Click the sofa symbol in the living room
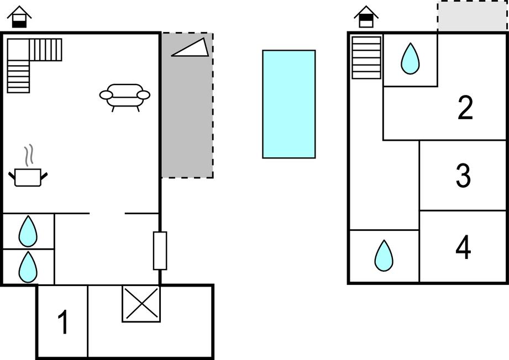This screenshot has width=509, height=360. (x=125, y=98)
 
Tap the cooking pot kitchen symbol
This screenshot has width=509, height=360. (x=28, y=177)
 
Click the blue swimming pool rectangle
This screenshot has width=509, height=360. (x=289, y=104)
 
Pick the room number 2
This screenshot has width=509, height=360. (x=465, y=108)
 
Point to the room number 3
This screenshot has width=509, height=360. (x=463, y=176)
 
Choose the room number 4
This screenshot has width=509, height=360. (x=463, y=247)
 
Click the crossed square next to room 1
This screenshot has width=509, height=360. (x=141, y=304)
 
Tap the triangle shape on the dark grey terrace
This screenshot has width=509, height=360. (x=190, y=47)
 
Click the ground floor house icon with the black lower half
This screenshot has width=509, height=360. (x=19, y=17)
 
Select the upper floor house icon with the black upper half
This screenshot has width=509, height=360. (x=366, y=17)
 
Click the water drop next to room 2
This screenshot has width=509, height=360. (x=410, y=59)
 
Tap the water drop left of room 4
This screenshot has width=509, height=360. (x=384, y=256)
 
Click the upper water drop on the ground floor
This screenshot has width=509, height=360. (x=28, y=231)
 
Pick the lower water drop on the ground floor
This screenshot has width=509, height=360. (x=28, y=267)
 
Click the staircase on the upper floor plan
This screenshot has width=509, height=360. (x=366, y=58)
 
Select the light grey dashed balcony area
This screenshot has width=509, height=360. (x=473, y=15)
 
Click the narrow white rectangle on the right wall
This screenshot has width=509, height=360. (x=160, y=251)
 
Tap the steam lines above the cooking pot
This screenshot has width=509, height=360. (x=29, y=155)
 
